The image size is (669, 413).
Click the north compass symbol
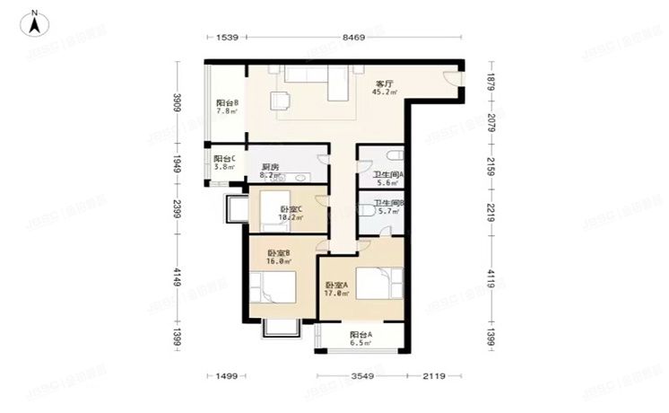click(x=33, y=22)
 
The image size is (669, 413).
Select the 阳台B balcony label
click(x=226, y=103)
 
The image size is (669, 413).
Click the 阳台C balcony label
click(x=224, y=159)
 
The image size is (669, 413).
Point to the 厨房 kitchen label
click(x=268, y=167)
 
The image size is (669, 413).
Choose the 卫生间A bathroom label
click(x=388, y=175)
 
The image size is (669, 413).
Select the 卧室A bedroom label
click(x=335, y=286)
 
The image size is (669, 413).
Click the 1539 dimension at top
click(x=228, y=38)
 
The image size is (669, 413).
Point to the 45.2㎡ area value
click(x=385, y=92)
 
